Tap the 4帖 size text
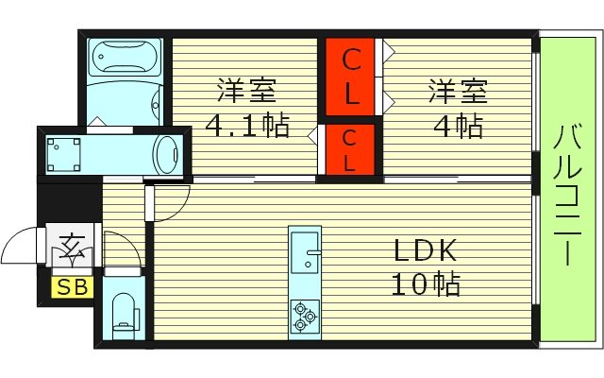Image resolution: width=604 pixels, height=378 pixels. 459,125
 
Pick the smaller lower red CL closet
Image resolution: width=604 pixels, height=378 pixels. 349,149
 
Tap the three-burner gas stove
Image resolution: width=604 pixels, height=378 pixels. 305,315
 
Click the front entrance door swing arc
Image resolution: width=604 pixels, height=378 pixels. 23,249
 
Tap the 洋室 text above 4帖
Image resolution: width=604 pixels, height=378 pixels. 459,93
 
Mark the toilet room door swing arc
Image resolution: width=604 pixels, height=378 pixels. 128,248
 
